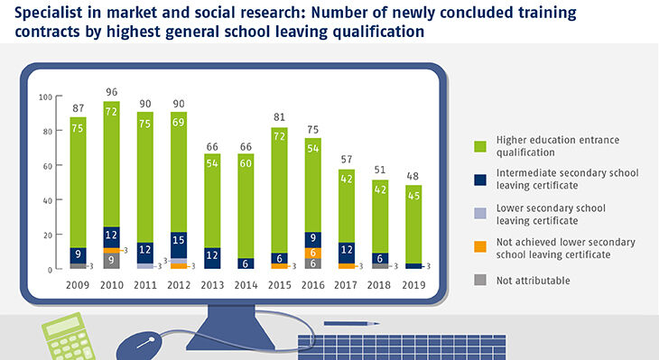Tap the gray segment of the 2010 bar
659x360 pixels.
point(112,261)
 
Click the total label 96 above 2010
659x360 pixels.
point(112,91)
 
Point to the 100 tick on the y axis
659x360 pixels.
point(45,97)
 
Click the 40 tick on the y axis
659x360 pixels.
point(47,200)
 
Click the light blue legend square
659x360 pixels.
point(479,214)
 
